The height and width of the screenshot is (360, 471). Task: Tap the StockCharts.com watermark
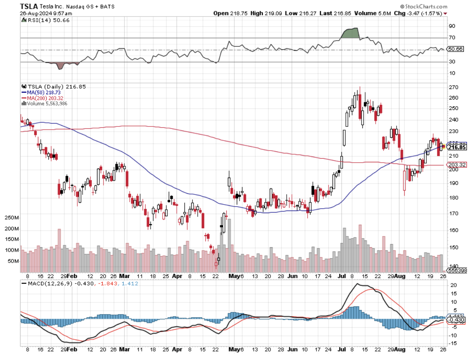424,6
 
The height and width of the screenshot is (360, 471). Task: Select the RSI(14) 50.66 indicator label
46,20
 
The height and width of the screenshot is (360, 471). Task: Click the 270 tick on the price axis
453,87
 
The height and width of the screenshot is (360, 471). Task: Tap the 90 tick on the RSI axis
452,26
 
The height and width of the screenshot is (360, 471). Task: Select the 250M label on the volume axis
12,218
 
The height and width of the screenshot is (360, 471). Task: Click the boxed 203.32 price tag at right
457,165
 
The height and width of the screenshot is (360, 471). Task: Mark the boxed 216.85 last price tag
457,147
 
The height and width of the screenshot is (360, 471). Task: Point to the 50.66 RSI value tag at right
455,49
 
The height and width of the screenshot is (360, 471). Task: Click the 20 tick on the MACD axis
453,285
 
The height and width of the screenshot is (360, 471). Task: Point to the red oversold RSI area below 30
61,65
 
